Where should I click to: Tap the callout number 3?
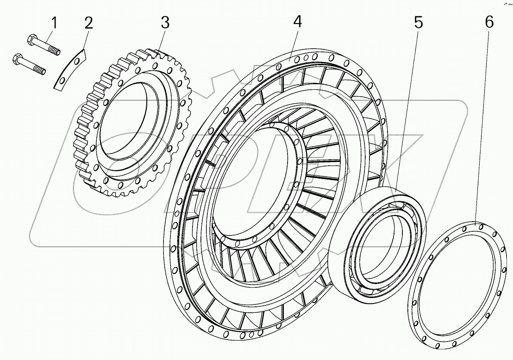pyautogui.click(x=165, y=22)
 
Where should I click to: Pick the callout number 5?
pyautogui.click(x=418, y=22)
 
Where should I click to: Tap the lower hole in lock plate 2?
pyautogui.click(x=61, y=82)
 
